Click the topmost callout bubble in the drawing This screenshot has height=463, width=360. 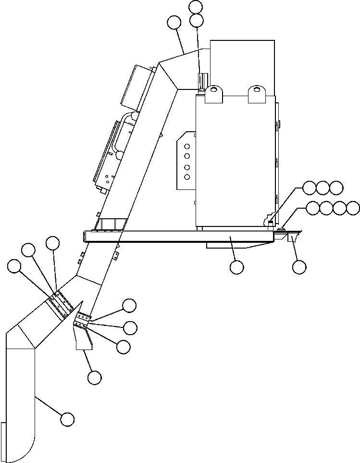coord(196,7)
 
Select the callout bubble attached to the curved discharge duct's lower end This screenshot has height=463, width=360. coord(67,419)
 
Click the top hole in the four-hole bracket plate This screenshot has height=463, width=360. coord(187,146)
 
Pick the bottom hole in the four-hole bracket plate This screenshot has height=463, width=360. coord(187,177)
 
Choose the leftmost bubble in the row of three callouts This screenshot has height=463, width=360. coord(310,187)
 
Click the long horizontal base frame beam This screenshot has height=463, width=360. coord(178,236)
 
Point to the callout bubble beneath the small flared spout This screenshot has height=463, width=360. coord(95,378)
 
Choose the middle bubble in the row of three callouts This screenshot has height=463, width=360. coord(323,187)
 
